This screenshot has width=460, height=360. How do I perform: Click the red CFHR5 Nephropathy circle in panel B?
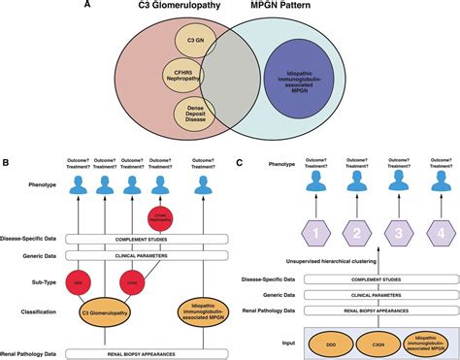161,220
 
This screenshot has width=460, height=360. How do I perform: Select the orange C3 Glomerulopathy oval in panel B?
104,313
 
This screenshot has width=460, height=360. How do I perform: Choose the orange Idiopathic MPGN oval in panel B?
202,312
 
